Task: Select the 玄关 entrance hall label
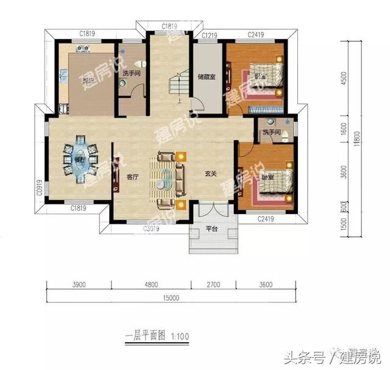(211, 174)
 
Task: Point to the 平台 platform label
(211, 229)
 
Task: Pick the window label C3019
(151, 229)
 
